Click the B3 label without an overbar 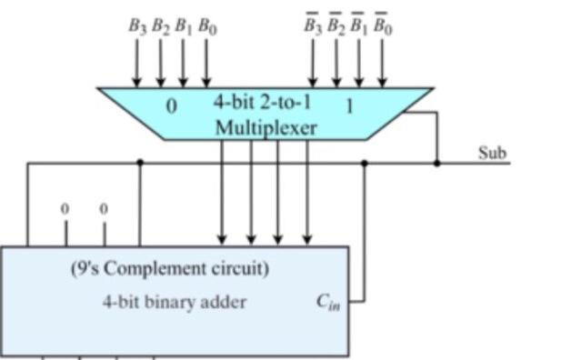click(x=137, y=27)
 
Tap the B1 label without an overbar click(x=184, y=27)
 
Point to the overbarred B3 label click(x=313, y=26)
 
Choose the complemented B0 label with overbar click(x=383, y=26)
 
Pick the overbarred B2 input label click(x=336, y=26)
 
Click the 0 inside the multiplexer click(x=171, y=106)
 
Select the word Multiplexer click(x=265, y=128)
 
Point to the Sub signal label click(x=492, y=153)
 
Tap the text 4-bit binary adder click(x=173, y=302)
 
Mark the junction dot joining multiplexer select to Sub click(x=437, y=164)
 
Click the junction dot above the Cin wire click(x=365, y=164)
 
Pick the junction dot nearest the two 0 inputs click(x=139, y=164)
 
